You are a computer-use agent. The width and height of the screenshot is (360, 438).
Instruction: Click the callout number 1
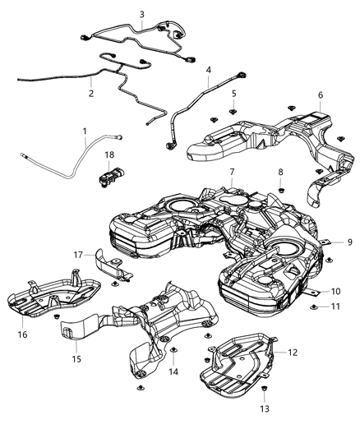[85, 131]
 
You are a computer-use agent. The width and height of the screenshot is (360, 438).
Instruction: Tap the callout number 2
[91, 93]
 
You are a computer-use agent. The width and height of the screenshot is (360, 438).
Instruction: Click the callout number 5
[233, 93]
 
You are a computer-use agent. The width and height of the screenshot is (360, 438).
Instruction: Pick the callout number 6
[320, 95]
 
